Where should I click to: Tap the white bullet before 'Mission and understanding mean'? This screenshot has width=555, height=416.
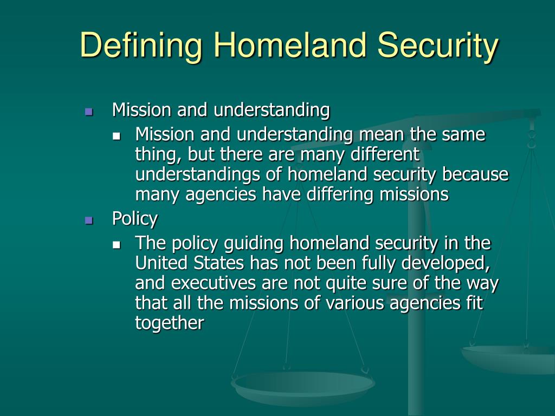point(117,135)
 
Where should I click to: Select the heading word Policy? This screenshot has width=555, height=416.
point(134,219)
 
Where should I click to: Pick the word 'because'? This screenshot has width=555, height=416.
point(475,174)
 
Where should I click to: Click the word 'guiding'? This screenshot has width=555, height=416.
point(257,243)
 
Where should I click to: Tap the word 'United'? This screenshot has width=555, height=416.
point(160,263)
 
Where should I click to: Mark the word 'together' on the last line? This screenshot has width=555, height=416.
point(170,323)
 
